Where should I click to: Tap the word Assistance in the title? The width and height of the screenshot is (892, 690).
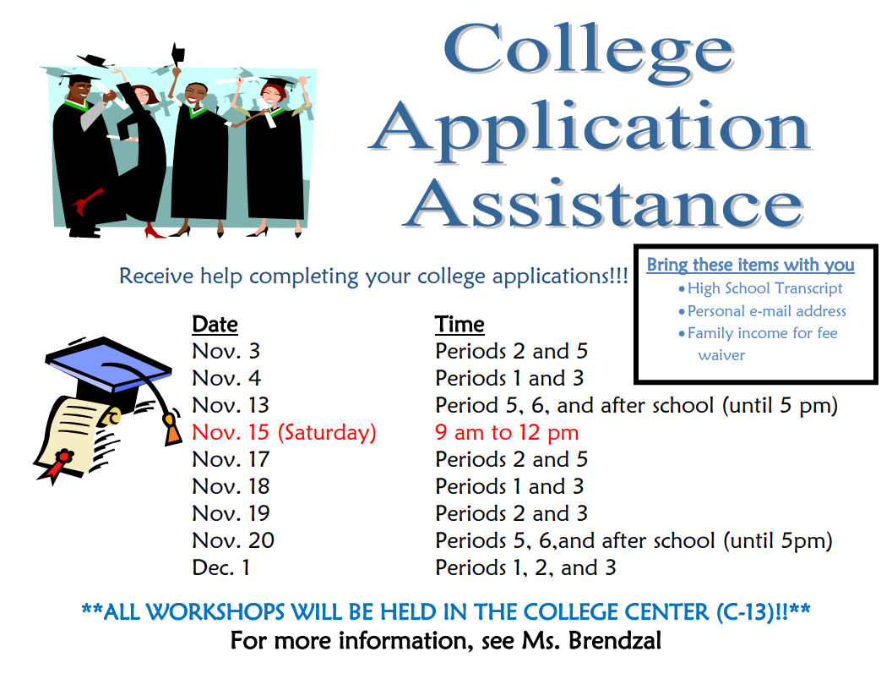tap(604, 203)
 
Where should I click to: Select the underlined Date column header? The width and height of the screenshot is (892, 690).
tap(215, 324)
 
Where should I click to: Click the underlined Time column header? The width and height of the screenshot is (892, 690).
tap(460, 324)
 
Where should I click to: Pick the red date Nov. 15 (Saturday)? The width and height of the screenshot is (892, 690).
tap(284, 433)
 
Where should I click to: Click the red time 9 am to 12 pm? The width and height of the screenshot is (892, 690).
tap(507, 433)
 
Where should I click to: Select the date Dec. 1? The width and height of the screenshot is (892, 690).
tap(220, 567)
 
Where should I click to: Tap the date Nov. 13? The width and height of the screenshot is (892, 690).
tap(231, 405)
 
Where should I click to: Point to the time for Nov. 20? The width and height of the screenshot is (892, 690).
tap(634, 541)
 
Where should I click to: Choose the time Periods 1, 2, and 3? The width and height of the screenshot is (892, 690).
tap(525, 568)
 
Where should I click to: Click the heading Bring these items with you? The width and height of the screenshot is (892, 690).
tap(750, 265)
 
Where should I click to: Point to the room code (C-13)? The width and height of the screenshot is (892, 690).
tap(744, 612)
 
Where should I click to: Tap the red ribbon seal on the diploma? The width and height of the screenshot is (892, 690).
tap(58, 463)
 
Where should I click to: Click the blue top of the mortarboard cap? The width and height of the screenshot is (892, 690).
tap(109, 363)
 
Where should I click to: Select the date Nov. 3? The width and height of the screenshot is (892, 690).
tap(226, 351)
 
